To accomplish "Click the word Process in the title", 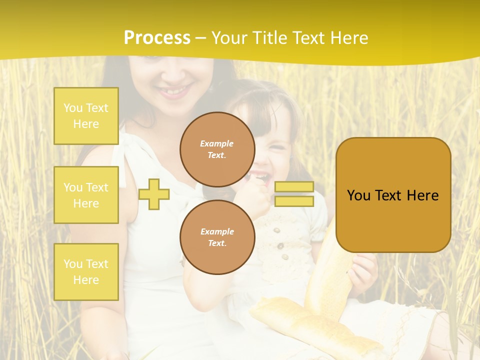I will click(157, 38).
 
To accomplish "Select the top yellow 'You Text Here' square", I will click(86, 116).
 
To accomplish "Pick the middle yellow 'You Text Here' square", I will click(86, 195).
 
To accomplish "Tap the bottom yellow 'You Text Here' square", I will click(86, 272).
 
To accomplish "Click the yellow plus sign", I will click(154, 194).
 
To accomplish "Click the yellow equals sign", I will click(294, 194).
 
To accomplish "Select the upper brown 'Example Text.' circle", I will click(217, 149).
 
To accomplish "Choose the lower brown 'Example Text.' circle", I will click(217, 237).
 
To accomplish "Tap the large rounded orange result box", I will click(393, 195).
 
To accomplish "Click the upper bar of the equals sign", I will click(294, 187).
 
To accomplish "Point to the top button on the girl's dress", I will click(276, 230).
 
